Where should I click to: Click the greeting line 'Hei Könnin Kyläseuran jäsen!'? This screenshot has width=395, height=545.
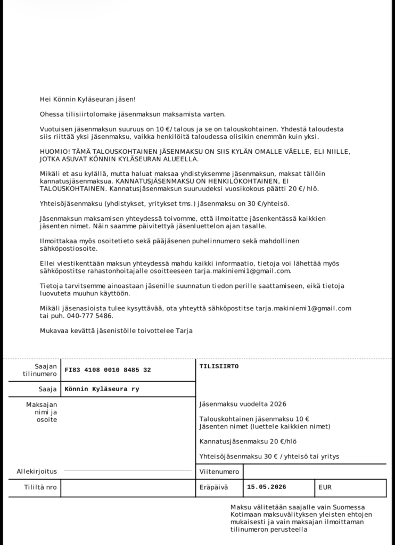coord(88,99)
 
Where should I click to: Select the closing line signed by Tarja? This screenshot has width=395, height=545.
coord(116,331)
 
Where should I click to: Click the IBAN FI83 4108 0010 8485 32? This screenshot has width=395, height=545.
coord(108,370)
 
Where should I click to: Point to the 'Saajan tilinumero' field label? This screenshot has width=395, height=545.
coord(40,370)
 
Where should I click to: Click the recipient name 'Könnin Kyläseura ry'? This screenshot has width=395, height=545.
coord(102,389)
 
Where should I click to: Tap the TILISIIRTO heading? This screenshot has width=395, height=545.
coord(219,366)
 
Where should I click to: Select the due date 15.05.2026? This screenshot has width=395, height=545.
coord(266,487)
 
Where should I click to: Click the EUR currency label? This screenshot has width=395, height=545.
coord(325,487)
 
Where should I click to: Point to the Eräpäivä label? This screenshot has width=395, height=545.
coord(213,487)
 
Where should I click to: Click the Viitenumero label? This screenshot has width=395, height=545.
coord(219,472)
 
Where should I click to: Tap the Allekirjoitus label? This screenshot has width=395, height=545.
coord(37,471)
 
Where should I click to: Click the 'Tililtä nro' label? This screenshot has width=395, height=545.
coord(40,487)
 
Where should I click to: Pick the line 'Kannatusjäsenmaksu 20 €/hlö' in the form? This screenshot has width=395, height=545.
coord(248,441)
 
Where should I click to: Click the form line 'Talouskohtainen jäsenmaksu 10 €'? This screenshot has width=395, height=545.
coord(254,419)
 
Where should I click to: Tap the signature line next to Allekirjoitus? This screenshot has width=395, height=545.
coord(128,470)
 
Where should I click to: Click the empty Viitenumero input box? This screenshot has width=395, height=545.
coord(314,472)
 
